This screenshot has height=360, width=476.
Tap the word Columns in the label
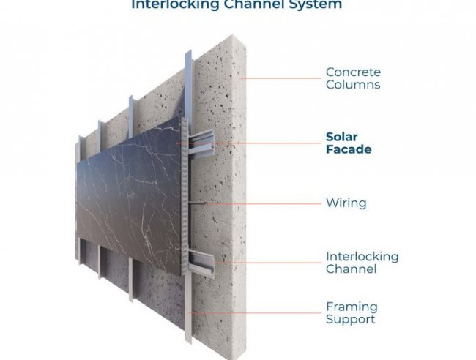pos(353,84)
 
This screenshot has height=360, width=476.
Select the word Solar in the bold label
pos(342,137)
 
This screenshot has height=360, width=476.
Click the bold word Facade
pos(349,149)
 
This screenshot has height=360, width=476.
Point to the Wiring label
pos(346,202)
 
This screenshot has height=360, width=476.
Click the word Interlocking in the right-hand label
pos(362,257)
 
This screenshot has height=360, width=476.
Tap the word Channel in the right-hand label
pos(351,269)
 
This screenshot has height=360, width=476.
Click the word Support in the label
pos(350,319)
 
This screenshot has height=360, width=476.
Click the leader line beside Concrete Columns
pos(282,78)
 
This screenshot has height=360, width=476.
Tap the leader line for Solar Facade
pos(249,143)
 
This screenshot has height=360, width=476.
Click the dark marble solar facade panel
pos(124,190)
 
